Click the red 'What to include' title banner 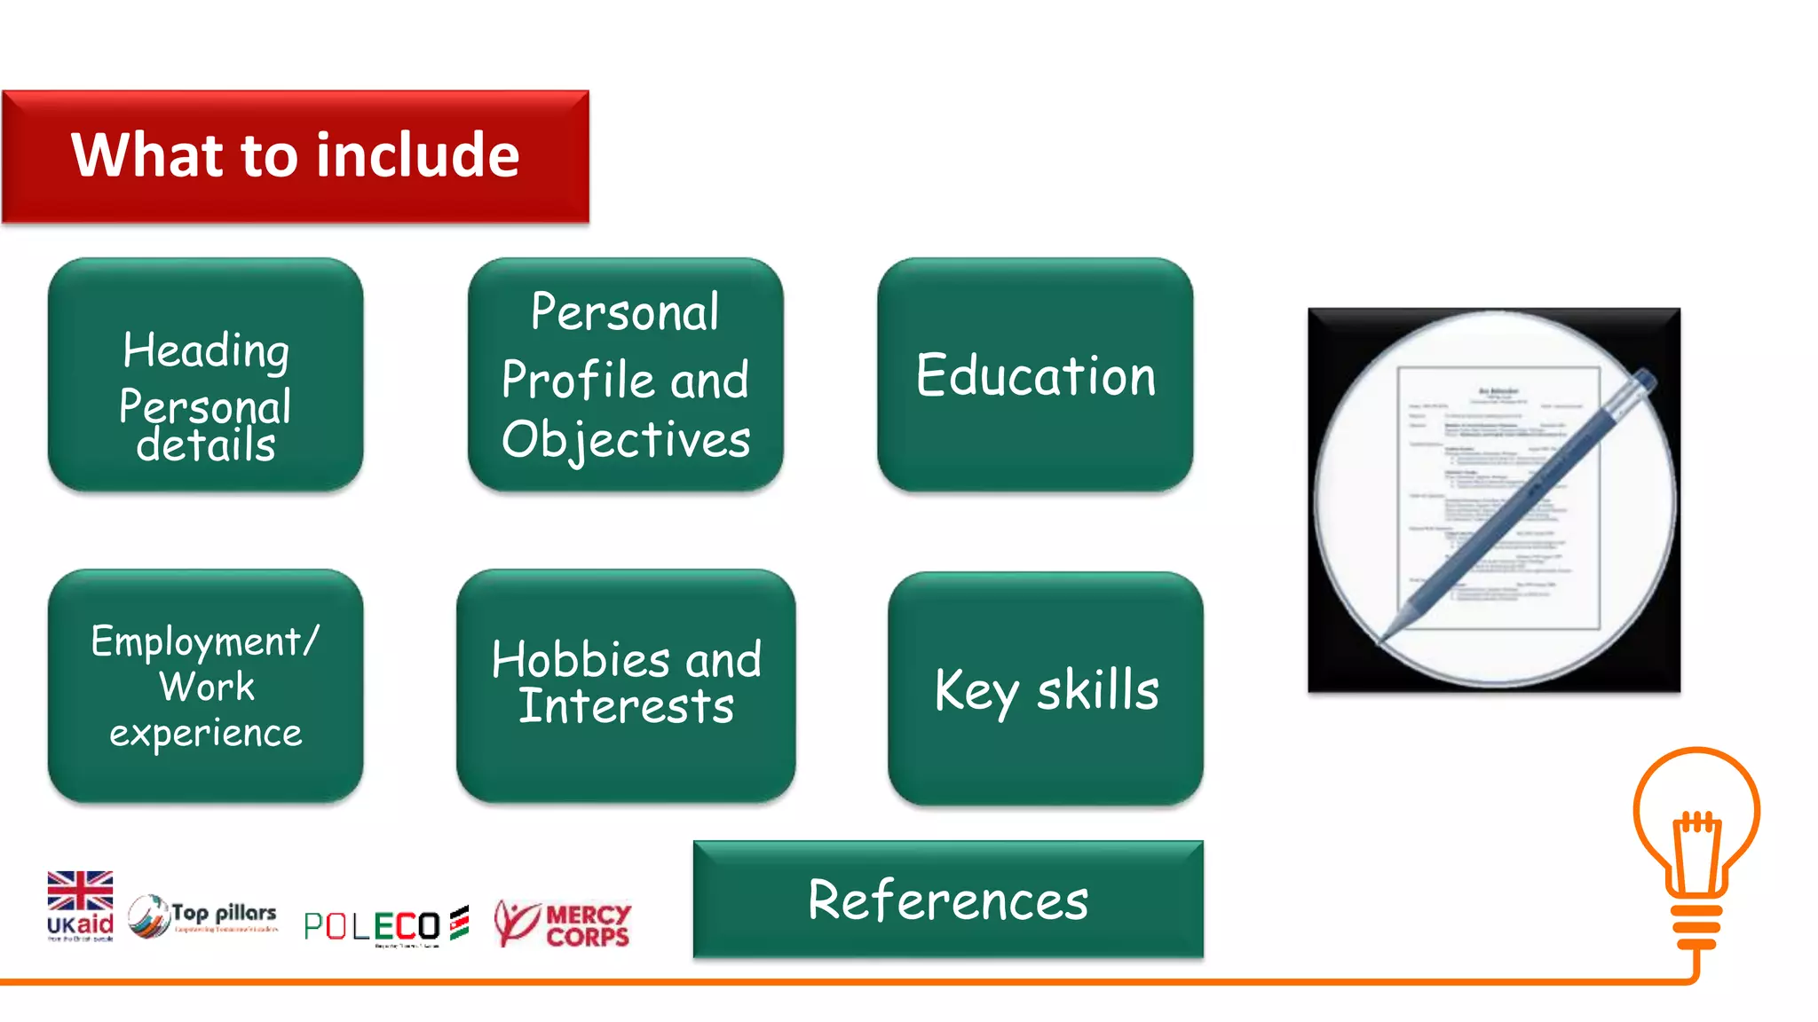[295, 156]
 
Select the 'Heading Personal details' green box [205, 374]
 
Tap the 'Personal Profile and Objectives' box [625, 374]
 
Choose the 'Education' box [1035, 374]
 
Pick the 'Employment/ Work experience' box [205, 686]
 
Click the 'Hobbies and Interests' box [625, 686]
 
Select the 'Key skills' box [1046, 688]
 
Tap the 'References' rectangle [948, 899]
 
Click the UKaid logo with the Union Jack [80, 905]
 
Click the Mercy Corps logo [563, 924]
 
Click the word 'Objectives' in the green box [626, 440]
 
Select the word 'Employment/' [205, 641]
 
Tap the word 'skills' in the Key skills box [1098, 690]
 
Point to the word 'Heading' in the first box [206, 350]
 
